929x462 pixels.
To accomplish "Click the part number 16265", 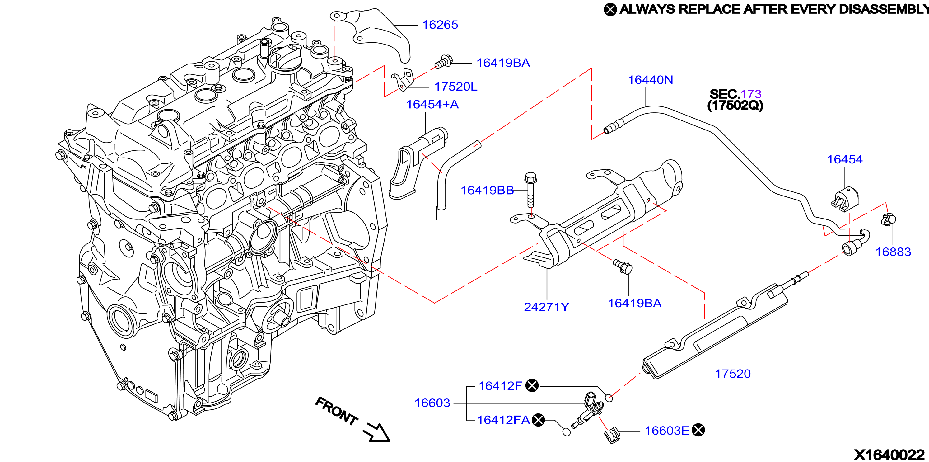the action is point(440,25).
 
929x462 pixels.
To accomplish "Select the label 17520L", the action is point(456,87).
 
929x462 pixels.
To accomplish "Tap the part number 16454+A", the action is point(432,104).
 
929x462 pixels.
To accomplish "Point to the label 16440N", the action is point(651,80).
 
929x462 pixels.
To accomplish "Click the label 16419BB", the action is point(487,190).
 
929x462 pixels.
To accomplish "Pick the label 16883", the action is point(893,252).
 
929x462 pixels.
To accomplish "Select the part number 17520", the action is point(733,374).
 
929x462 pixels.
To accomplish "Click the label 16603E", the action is point(667,431).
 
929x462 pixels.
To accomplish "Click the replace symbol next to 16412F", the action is point(532,385).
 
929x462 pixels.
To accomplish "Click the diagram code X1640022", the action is point(889,455).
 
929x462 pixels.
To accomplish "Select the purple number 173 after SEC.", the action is point(751,94).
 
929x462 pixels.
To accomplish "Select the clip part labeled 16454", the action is point(845,199).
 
